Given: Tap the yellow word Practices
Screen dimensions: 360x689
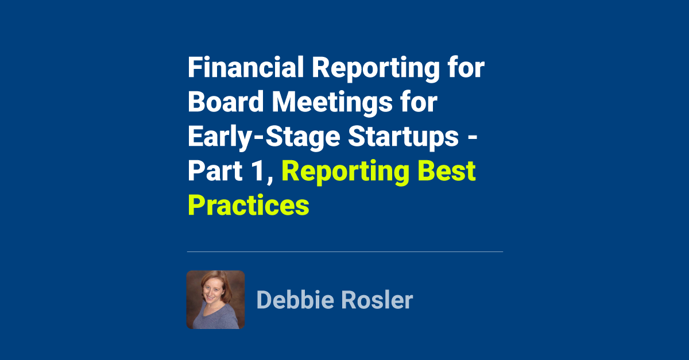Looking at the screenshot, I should (x=249, y=205).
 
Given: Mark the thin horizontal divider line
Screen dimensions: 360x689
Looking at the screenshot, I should (x=344, y=251).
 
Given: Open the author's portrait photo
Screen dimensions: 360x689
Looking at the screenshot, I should (x=215, y=300).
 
